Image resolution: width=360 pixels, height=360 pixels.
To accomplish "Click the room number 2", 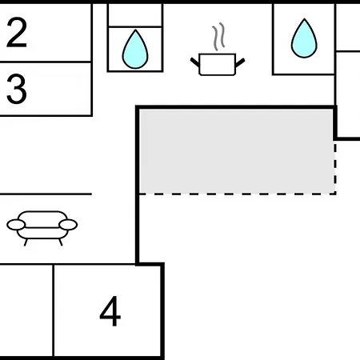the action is point(17,33).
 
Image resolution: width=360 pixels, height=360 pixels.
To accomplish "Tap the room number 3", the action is point(17,89).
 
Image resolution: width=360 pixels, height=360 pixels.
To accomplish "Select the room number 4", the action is point(110,311).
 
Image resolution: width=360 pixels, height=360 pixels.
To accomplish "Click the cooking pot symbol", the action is point(218,65).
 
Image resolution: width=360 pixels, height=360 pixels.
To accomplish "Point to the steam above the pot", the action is point(218,37).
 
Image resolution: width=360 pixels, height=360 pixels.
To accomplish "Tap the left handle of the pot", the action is point(195,62).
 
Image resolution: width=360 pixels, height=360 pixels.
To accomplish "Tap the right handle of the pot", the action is point(240,63).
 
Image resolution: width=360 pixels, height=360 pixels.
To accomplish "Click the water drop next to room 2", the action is point(135,50).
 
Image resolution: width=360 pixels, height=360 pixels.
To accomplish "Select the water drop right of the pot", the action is point(304,38).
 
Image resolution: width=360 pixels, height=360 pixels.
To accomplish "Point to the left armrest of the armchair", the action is point(16,225).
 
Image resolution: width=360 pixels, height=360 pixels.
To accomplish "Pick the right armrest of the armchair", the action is point(68,225).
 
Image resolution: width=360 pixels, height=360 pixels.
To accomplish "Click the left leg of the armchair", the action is point(26,242).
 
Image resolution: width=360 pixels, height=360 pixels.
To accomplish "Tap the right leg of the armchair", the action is point(61,242).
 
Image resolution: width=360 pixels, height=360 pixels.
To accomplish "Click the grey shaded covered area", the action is point(236,150).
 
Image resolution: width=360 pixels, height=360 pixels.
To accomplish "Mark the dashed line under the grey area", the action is point(238,194).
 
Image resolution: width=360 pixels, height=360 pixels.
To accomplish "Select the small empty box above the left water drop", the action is point(135,15).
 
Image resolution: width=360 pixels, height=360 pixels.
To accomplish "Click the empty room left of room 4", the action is point(26,310).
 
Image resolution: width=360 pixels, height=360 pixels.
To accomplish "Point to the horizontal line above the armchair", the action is point(46,194).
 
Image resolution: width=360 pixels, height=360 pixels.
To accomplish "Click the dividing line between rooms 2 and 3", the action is point(46,62).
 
